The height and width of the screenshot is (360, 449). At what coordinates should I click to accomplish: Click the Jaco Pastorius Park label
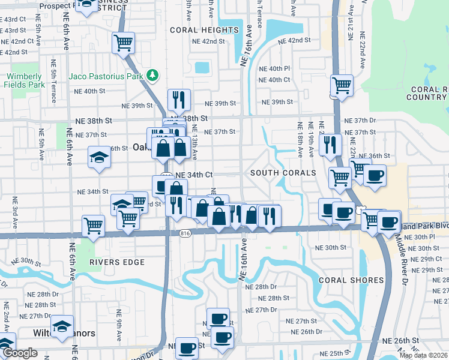point(106,76)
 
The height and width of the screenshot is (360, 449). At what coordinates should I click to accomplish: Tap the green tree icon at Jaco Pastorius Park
point(154,75)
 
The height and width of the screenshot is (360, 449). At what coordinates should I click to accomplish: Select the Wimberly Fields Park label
point(25,80)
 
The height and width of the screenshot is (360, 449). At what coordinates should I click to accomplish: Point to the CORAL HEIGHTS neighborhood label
point(204,30)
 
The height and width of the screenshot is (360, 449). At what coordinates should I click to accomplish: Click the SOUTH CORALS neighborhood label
point(283,173)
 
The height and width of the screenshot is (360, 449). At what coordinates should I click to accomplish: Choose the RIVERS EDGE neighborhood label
point(117,262)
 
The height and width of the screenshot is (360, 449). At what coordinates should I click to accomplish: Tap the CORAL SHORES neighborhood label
point(351,280)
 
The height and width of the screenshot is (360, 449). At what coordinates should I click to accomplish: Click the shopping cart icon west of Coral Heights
point(123,43)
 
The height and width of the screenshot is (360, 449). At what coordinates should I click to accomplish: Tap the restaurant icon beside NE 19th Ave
point(330,144)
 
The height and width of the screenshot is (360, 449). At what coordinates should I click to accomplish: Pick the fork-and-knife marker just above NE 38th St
point(179,100)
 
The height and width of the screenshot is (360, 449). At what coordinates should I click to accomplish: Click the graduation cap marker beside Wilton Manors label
point(62,326)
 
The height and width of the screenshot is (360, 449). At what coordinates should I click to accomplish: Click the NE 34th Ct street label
point(193,175)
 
